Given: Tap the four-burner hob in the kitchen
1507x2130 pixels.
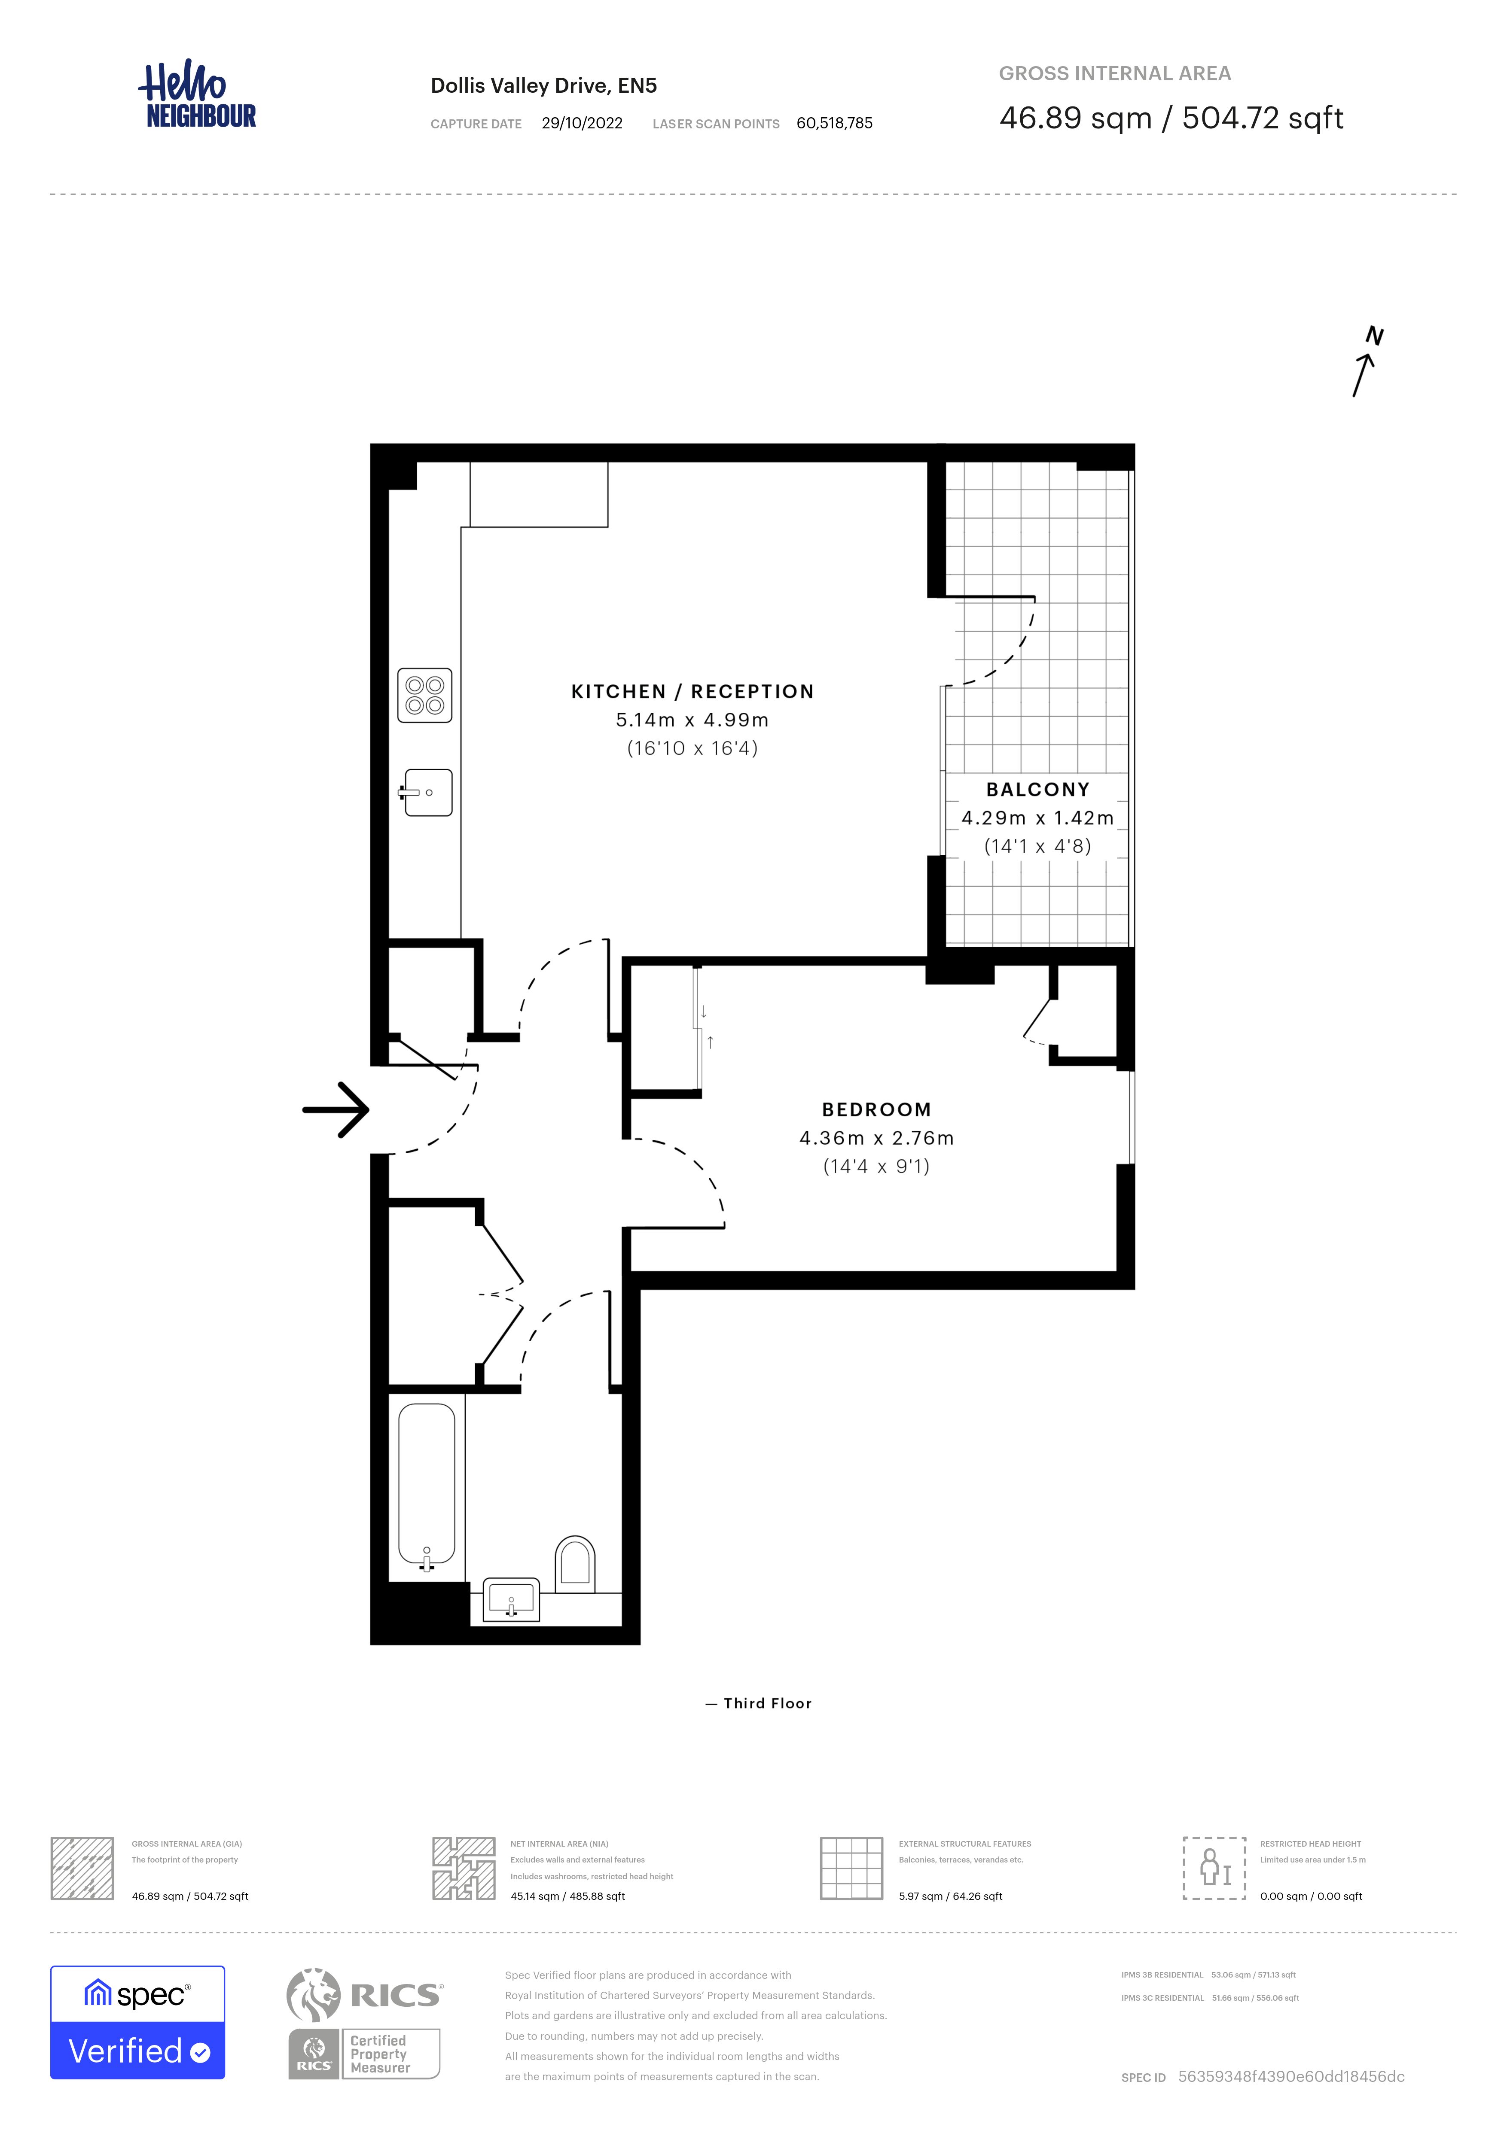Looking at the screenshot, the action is click(425, 695).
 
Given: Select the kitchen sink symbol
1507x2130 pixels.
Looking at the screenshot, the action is click(427, 792).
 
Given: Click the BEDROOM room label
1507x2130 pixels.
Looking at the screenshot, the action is click(876, 1109).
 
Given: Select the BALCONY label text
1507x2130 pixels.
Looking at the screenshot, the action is click(1037, 790).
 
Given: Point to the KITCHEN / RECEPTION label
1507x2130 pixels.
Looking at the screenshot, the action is click(692, 691).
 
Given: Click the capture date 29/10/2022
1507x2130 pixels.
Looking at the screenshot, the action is click(582, 123).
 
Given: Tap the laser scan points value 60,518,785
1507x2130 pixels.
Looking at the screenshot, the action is click(834, 123).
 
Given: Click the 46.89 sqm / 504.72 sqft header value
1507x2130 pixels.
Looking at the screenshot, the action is click(1171, 118).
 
